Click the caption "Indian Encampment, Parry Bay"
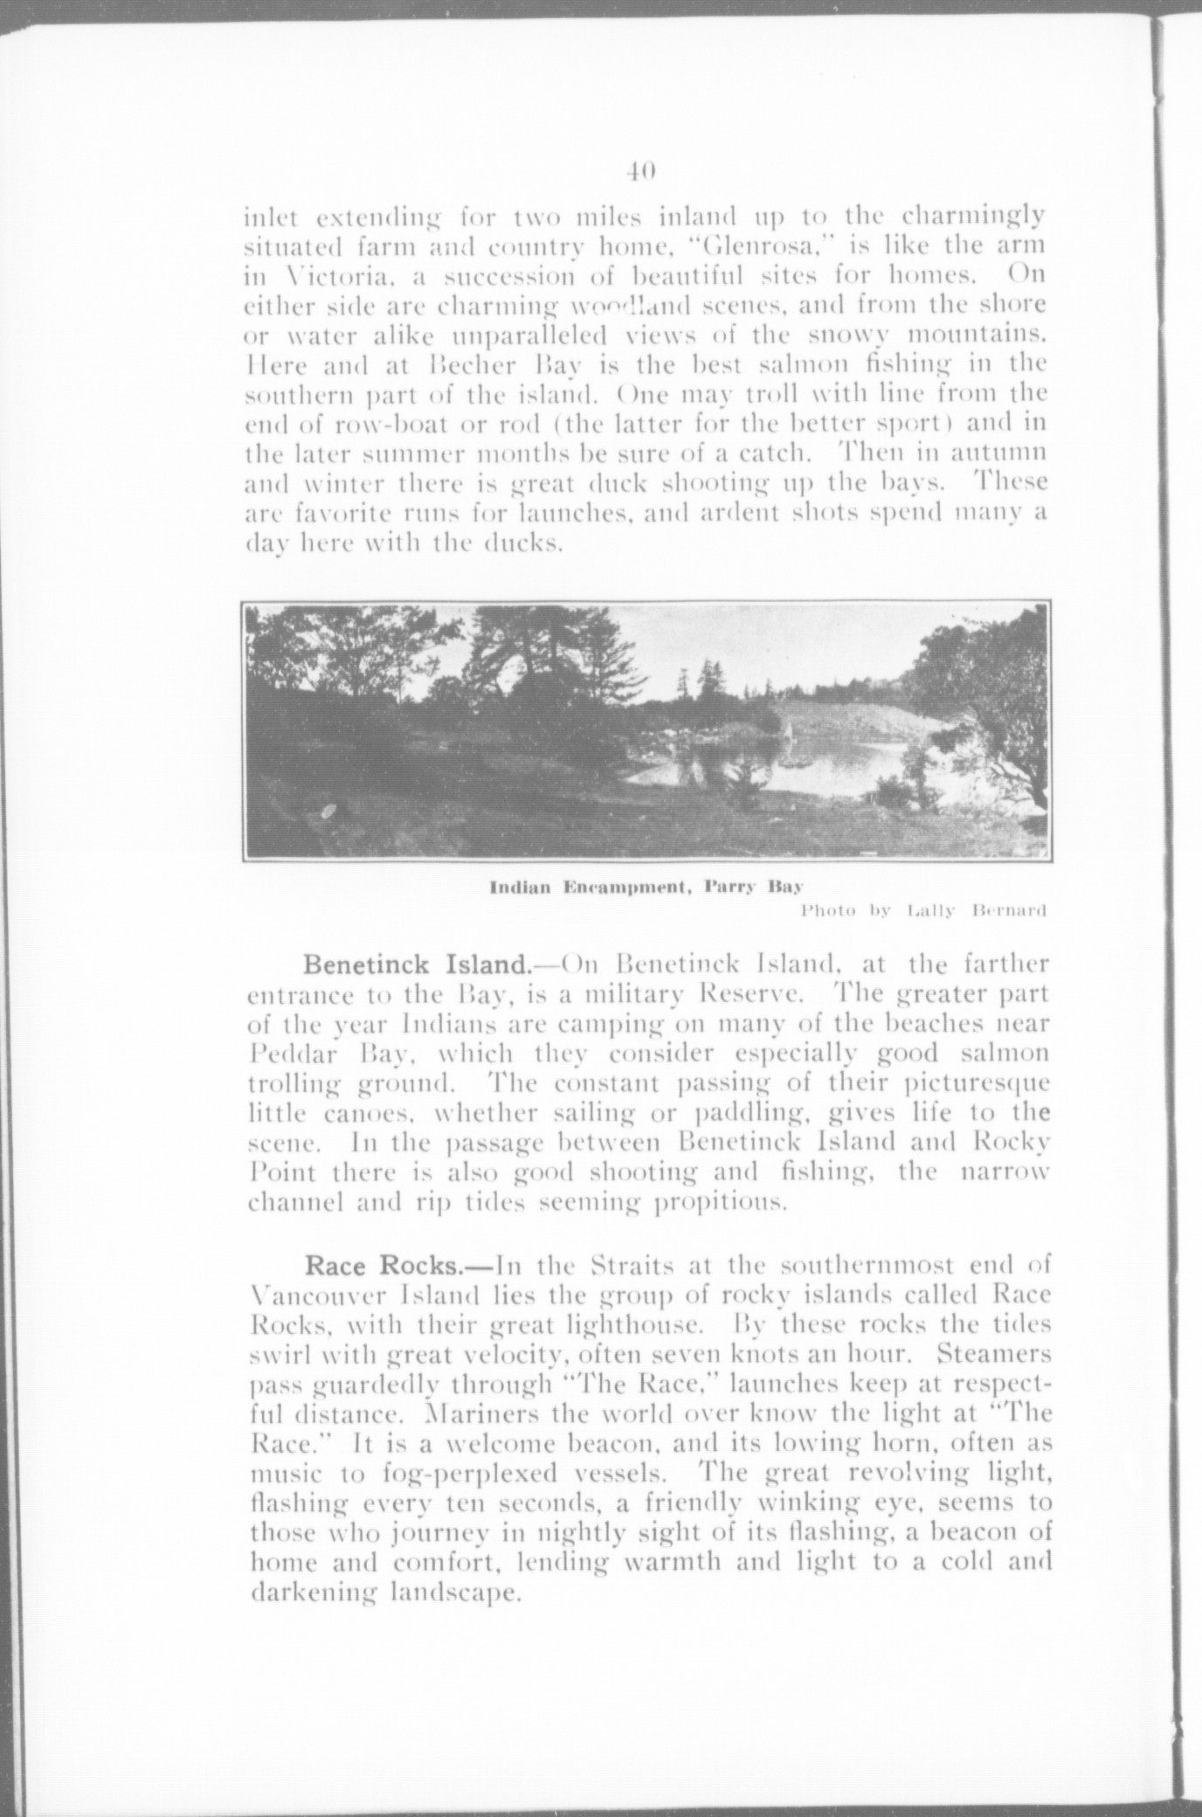click(x=645, y=889)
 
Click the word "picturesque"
click(x=976, y=1085)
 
